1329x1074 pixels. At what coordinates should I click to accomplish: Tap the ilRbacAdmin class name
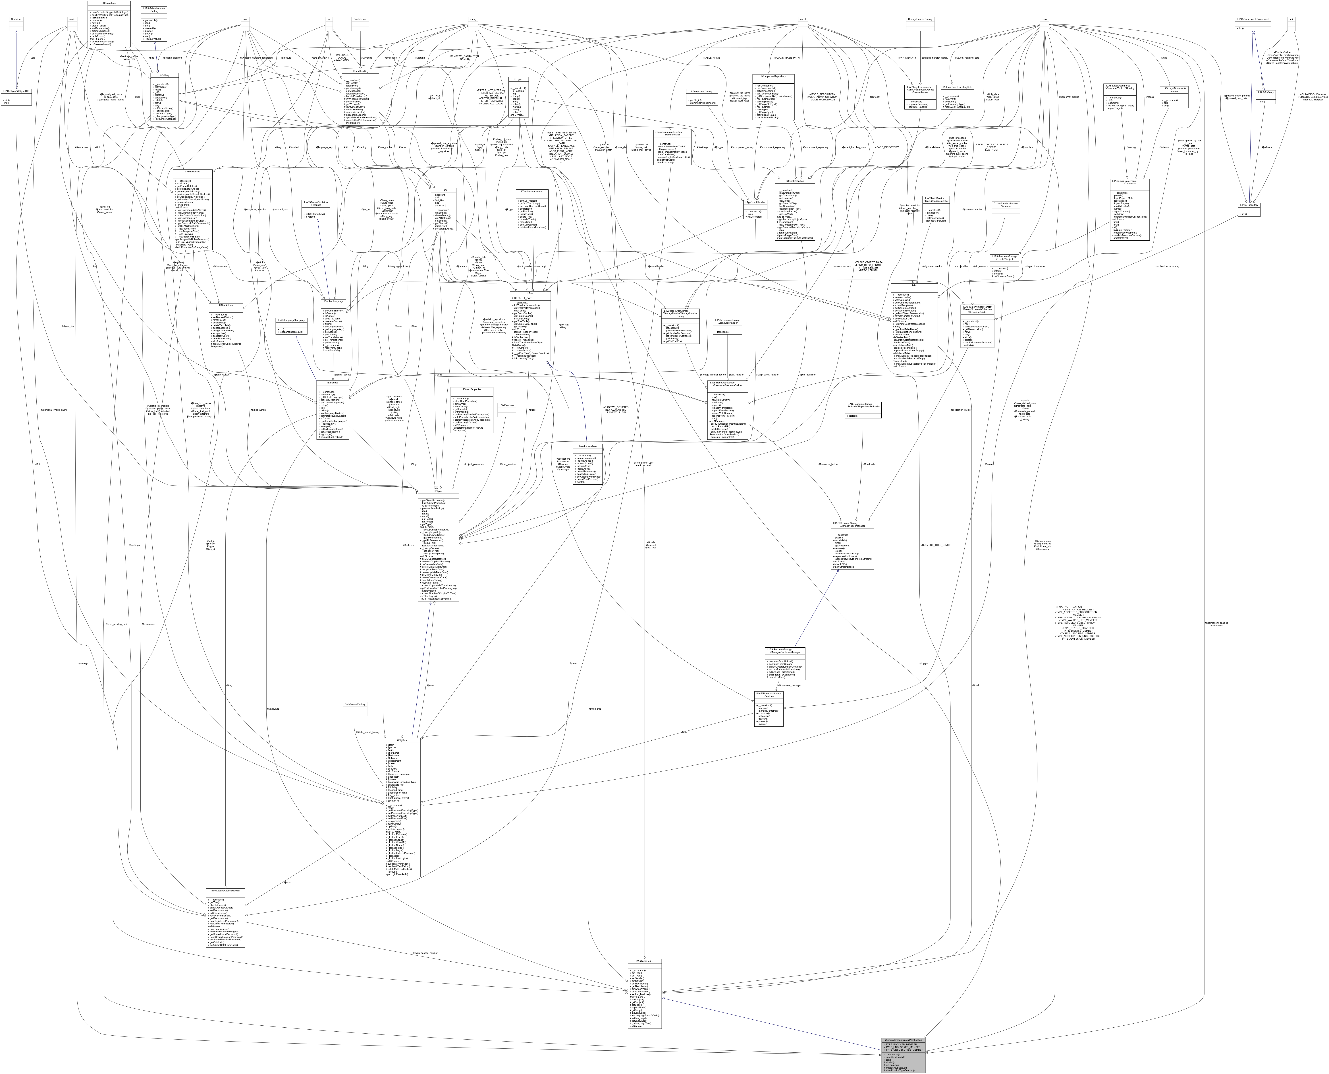click(226, 305)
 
